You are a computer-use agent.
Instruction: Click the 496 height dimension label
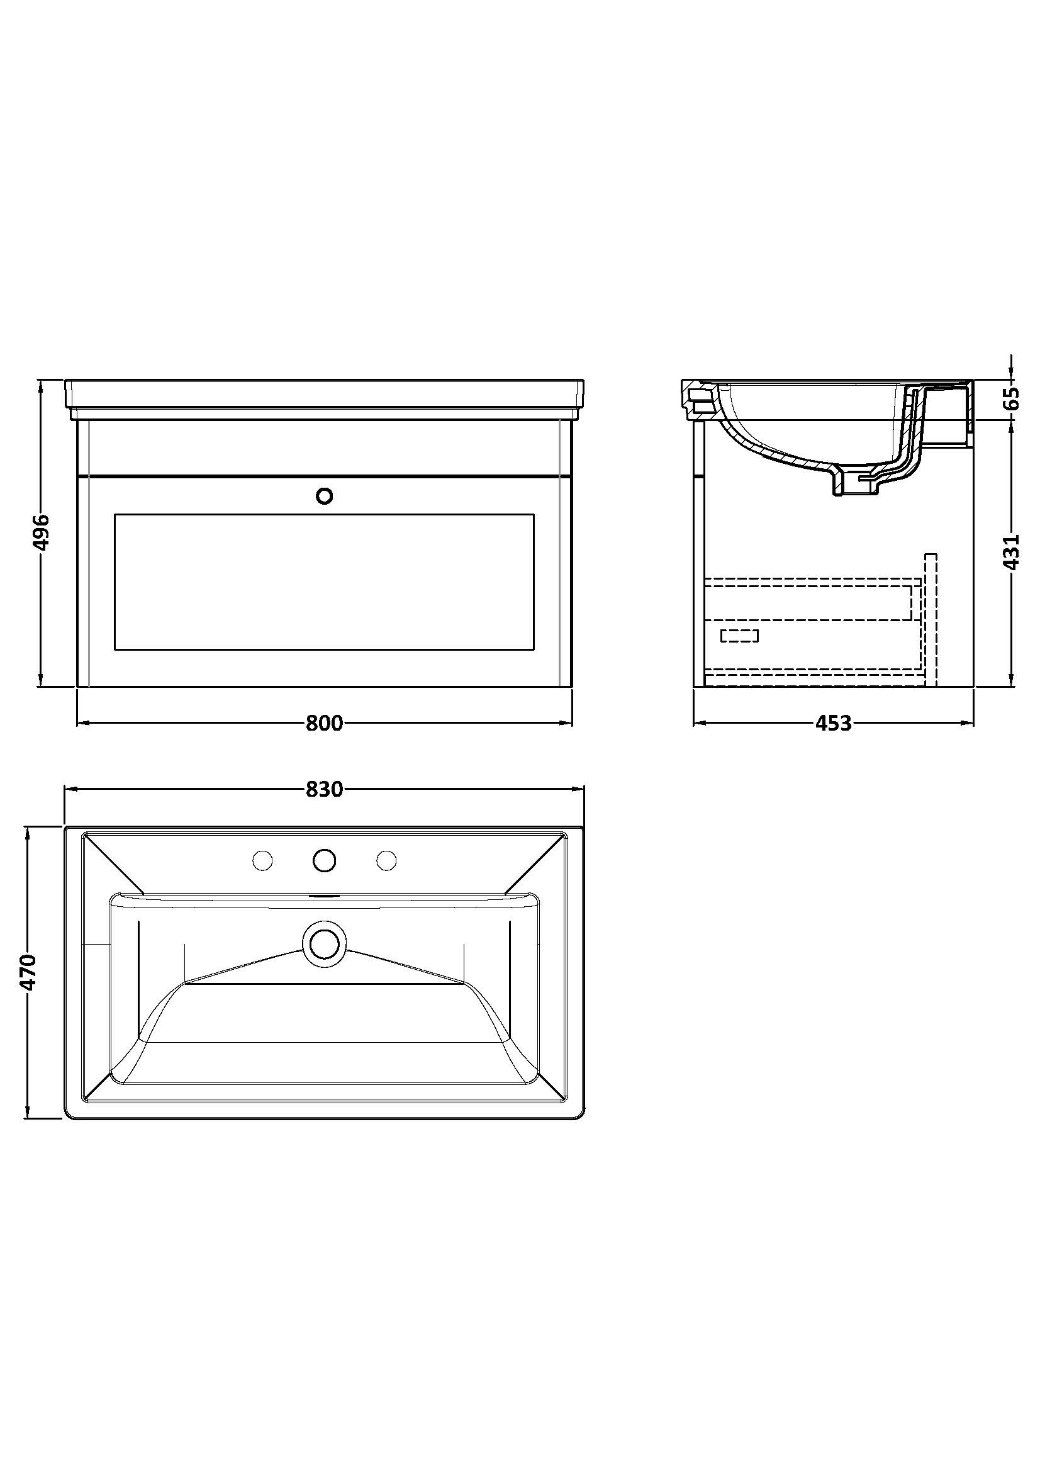40,532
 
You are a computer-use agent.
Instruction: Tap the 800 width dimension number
324,723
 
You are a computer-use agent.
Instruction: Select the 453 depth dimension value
833,723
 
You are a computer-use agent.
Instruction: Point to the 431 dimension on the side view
1010,551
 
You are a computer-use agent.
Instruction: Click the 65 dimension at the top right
1010,400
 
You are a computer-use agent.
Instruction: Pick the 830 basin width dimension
324,789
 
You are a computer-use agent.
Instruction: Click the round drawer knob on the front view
325,495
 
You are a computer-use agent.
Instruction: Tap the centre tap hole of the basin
325,860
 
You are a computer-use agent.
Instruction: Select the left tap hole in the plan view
263,860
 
